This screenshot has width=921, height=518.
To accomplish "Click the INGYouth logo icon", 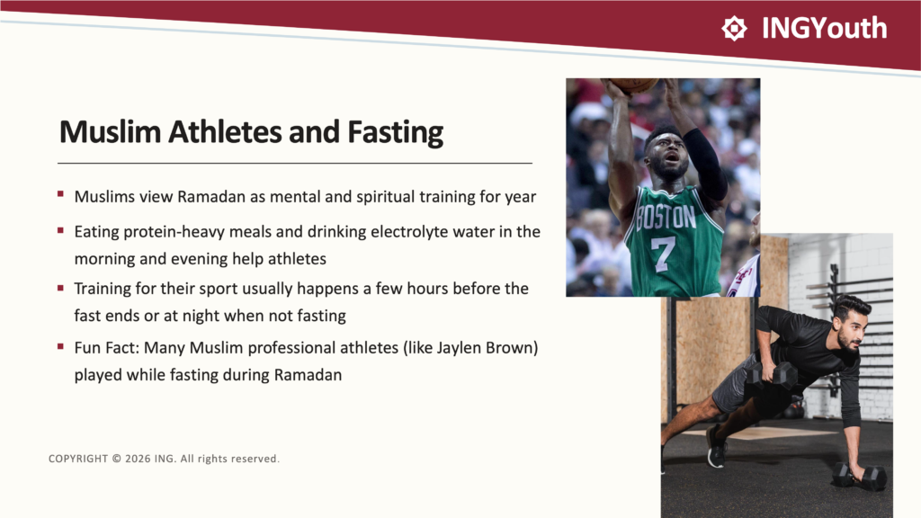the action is click(734, 28).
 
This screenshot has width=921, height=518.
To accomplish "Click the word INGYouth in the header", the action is click(824, 28).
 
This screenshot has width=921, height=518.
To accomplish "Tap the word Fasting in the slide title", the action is click(396, 132).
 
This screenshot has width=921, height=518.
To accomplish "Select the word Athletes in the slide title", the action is click(225, 131).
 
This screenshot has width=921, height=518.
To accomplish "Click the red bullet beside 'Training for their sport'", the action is click(60, 288).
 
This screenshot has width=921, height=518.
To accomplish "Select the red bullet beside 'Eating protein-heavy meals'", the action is click(60, 231).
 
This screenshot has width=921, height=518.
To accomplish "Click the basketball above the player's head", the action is click(632, 85).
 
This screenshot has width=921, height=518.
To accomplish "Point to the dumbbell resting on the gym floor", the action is click(860, 477).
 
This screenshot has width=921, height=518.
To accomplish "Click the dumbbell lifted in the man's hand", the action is click(771, 375).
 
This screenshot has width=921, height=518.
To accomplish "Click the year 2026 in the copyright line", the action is click(138, 459).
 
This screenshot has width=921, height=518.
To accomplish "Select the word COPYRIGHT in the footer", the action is click(78, 459).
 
